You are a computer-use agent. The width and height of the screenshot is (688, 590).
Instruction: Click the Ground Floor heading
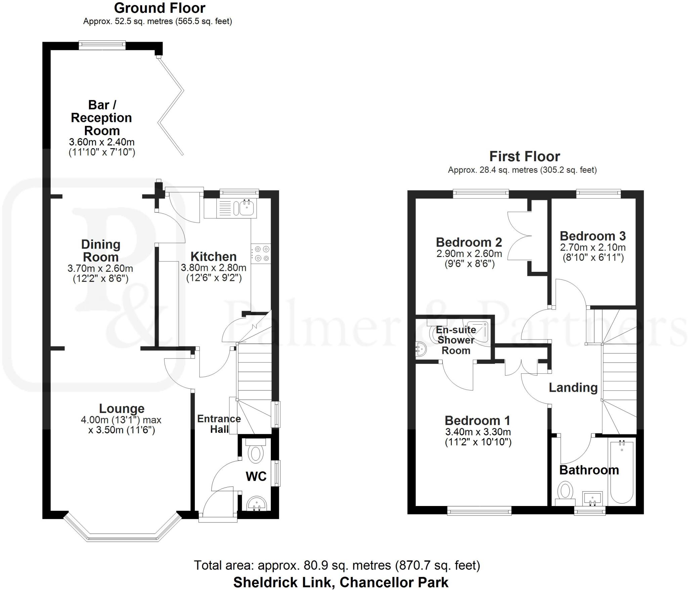[160, 8]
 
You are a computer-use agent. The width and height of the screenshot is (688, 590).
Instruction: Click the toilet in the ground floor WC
[256, 453]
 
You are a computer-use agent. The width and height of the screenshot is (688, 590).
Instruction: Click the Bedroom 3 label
[593, 236]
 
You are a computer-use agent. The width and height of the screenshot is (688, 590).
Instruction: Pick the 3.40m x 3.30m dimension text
[478, 432]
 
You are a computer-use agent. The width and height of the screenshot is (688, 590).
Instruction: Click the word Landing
[573, 387]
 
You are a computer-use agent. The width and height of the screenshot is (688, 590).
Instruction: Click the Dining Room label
[101, 251]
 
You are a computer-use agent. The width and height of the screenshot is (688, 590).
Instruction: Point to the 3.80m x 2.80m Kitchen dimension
[214, 268]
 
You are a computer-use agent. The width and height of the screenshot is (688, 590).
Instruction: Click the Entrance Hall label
[219, 424]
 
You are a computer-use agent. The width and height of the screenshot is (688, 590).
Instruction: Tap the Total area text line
[337, 565]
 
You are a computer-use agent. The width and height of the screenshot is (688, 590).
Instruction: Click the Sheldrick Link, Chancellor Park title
[341, 582]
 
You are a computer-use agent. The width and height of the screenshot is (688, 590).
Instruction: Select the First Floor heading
[524, 157]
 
